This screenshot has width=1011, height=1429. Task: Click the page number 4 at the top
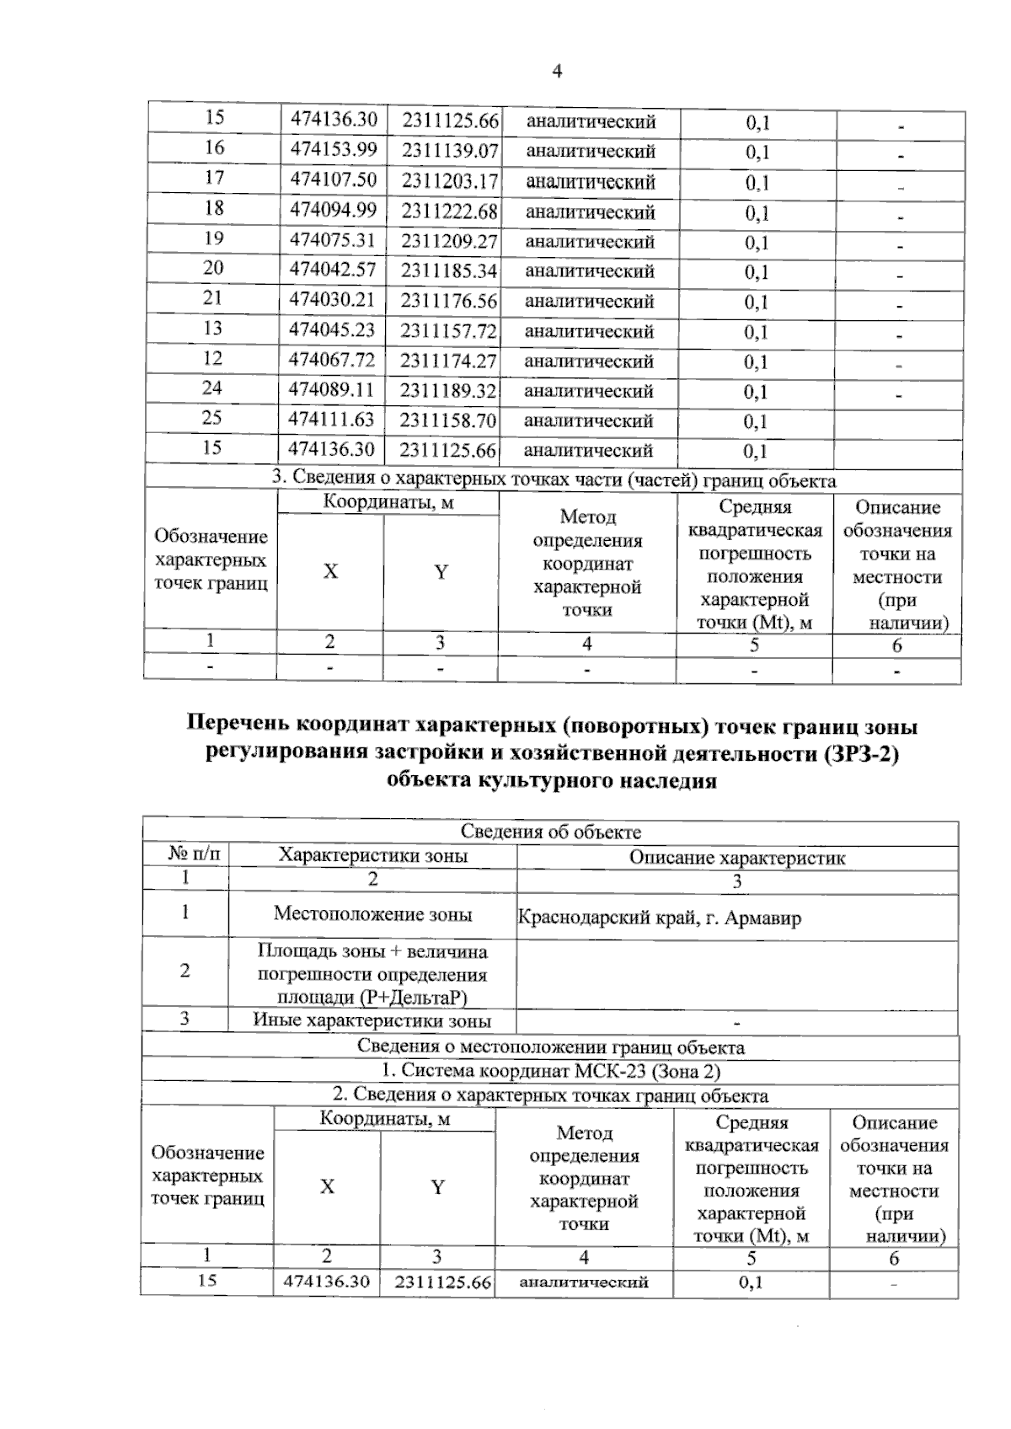coord(557,72)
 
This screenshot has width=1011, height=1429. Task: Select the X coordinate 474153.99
coord(334,149)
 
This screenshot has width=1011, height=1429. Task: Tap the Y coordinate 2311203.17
coord(450,180)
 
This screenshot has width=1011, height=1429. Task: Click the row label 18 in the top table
coord(214,207)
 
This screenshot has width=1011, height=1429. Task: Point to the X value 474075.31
coord(333,239)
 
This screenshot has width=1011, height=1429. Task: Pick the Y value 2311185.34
coord(449,270)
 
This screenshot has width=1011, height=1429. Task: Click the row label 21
coord(212,297)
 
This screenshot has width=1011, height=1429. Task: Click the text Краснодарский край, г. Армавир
coord(659,918)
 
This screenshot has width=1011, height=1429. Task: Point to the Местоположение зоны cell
coord(372,914)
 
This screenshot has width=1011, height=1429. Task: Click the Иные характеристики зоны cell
coord(372,1020)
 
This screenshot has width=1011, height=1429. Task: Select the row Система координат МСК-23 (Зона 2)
coord(551,1071)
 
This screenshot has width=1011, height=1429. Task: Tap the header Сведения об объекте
coord(551,832)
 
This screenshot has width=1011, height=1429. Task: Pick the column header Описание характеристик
coord(737,858)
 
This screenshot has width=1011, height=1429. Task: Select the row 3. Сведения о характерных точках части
coord(554,479)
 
